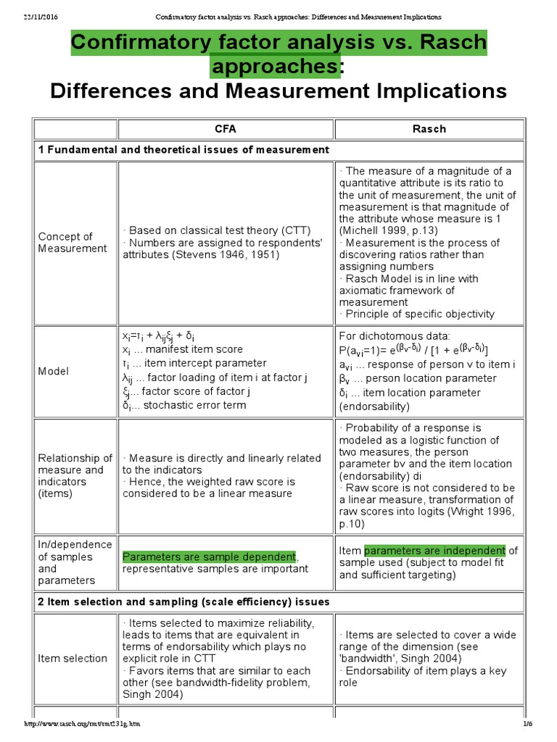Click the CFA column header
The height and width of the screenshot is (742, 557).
tap(225, 129)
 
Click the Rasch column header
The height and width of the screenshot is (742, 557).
tap(429, 129)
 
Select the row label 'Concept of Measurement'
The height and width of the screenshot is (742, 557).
tap(65, 243)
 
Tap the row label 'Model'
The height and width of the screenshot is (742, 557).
tap(54, 371)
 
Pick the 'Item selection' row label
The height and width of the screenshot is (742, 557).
tap(73, 658)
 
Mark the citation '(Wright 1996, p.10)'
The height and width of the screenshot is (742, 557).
tap(426, 517)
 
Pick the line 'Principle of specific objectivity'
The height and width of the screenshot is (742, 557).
tap(417, 314)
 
